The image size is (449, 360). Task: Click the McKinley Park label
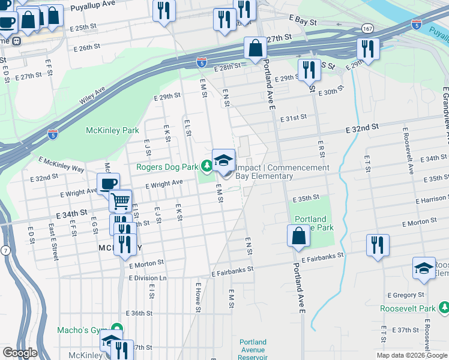coord(112,130)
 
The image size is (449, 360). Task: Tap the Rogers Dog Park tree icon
coord(207,164)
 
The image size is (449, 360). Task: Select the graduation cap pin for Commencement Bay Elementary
coord(224,160)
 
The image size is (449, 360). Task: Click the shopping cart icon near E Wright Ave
coord(121,200)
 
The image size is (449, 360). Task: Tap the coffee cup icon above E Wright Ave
coord(108,184)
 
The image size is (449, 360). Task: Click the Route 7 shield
coord(5,232)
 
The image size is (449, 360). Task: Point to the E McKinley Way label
coord(62,165)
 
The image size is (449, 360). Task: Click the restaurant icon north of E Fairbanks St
coord(378,245)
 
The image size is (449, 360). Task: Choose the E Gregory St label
coord(406,295)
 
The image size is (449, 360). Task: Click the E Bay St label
coord(302,20)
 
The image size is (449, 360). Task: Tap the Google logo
coord(20,353)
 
